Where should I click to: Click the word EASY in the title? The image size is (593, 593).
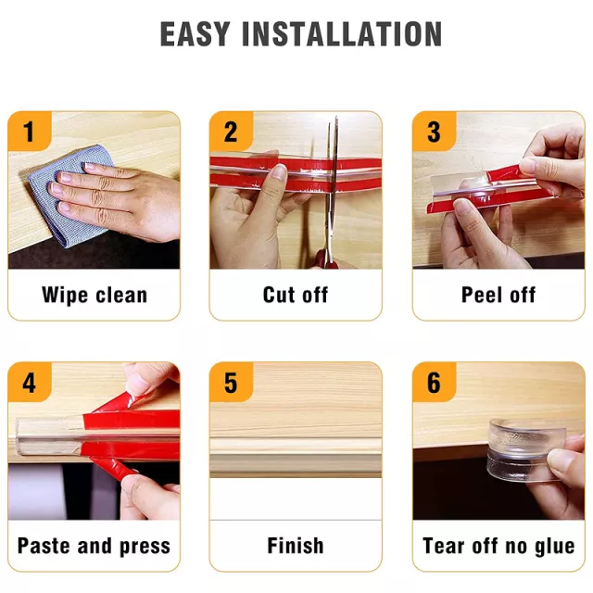point(196,34)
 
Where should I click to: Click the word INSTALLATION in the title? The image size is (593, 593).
point(342,34)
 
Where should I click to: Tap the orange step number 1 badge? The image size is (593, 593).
point(30,131)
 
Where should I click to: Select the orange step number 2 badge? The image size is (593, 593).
point(231,131)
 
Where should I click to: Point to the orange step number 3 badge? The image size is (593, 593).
point(435,131)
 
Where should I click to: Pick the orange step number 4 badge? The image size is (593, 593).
point(30,382)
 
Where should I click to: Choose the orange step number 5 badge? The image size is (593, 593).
point(231,382)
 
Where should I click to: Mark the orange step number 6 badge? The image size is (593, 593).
point(435,382)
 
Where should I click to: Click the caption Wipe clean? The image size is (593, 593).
point(95,295)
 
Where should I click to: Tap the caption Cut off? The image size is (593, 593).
point(296,295)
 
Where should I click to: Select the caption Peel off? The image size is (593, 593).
point(498,295)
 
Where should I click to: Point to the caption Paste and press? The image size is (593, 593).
point(94,546)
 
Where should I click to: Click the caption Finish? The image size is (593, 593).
point(296,546)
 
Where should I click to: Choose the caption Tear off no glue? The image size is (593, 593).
point(498,546)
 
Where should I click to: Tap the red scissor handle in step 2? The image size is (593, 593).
point(325,259)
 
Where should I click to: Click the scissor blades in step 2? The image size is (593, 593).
point(333,182)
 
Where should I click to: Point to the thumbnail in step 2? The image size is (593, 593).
point(280,172)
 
